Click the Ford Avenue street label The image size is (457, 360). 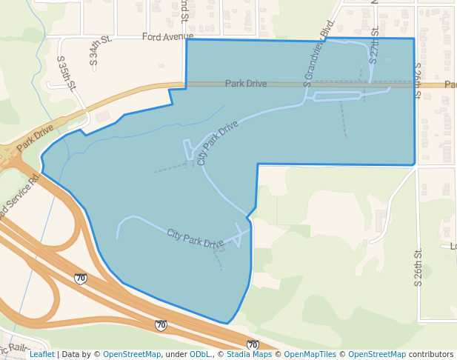[x=167, y=36]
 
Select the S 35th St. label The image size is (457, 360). [x=66, y=73]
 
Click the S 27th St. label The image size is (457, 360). [x=374, y=46]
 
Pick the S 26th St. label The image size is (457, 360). [x=418, y=264]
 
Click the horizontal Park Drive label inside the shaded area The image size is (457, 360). [x=246, y=84]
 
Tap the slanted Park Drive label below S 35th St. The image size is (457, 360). [x=35, y=138]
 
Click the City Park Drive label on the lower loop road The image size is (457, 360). [x=195, y=239]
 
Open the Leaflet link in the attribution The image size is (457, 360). [x=42, y=354]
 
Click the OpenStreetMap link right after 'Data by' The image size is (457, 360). [x=131, y=354]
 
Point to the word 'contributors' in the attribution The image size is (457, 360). [x=431, y=354]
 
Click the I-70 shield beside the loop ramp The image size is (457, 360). [x=80, y=279]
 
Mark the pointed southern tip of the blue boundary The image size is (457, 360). [x=227, y=324]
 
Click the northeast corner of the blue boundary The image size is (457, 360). [x=413, y=39]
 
